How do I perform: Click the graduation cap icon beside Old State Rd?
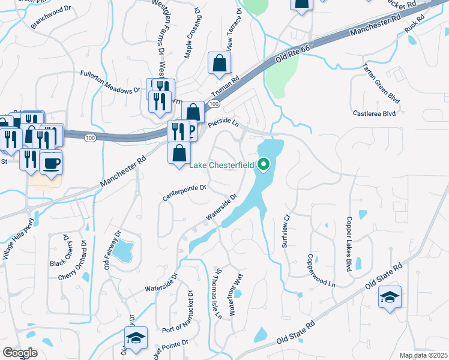pyautogui.click(x=390, y=298)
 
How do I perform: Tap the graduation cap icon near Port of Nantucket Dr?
pyautogui.click(x=136, y=338)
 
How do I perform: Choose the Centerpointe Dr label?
pyautogui.click(x=185, y=193)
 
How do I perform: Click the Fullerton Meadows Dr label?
pyautogui.click(x=110, y=82)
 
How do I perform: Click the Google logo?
pyautogui.click(x=20, y=352)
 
